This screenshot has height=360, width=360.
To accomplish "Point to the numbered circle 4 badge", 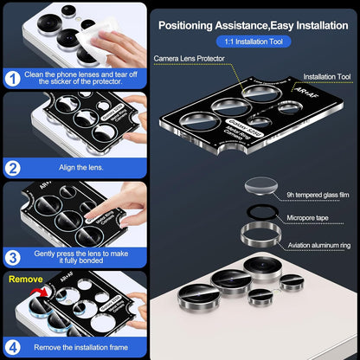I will pyautogui.click(x=13, y=345).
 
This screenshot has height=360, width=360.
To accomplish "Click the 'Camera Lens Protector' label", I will pyautogui.click(x=190, y=59).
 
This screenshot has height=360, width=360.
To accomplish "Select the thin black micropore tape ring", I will pyautogui.click(x=257, y=211).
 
